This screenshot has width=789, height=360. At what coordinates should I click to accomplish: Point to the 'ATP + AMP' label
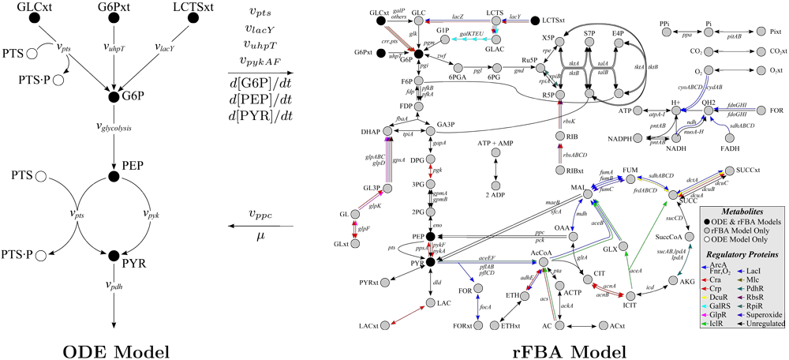(495, 143)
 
